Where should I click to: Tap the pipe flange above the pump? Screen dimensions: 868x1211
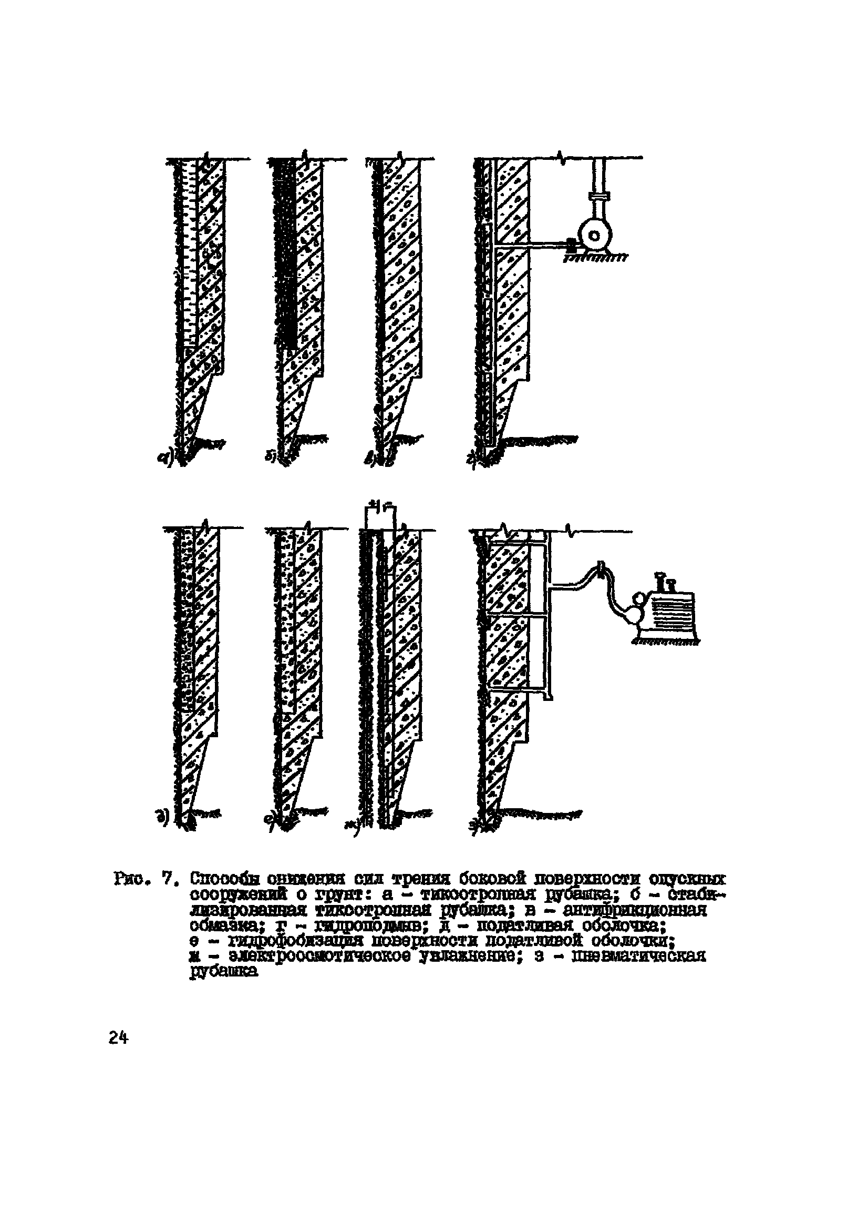[x=597, y=198]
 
